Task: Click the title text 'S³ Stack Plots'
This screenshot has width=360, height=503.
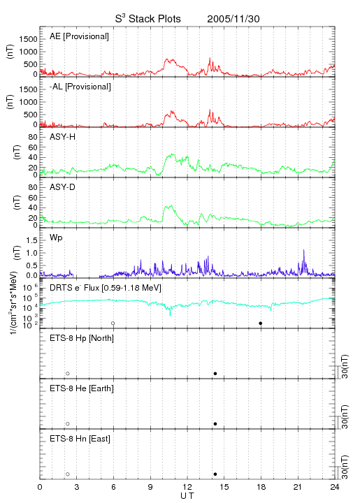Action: click(x=148, y=19)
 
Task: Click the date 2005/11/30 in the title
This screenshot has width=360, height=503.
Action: click(x=233, y=19)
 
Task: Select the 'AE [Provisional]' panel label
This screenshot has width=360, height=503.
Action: click(x=79, y=36)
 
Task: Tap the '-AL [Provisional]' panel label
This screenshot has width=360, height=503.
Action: click(x=80, y=87)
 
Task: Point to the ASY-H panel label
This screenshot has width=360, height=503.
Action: click(x=63, y=137)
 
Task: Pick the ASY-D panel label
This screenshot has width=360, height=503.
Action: click(x=63, y=187)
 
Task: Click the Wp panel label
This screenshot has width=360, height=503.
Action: click(x=56, y=238)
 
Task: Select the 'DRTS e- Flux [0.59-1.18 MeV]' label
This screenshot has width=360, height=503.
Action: click(x=106, y=288)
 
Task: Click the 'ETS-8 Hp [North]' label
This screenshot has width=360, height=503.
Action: click(x=82, y=338)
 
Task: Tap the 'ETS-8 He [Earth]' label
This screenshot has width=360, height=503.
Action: click(x=82, y=388)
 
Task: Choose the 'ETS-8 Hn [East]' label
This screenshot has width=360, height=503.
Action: click(x=80, y=439)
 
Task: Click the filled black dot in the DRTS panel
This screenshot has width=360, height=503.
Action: click(x=261, y=323)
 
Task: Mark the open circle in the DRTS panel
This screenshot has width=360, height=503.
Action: click(x=113, y=323)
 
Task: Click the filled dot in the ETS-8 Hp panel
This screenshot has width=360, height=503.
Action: click(x=215, y=373)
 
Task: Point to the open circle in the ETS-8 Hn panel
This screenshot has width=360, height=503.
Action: click(x=68, y=474)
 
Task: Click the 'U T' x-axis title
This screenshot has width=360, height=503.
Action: click(x=187, y=496)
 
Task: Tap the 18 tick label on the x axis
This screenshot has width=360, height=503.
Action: click(x=261, y=487)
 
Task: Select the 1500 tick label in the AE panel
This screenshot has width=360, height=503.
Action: click(x=28, y=39)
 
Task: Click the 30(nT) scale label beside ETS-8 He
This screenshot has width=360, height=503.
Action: click(x=345, y=417)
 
